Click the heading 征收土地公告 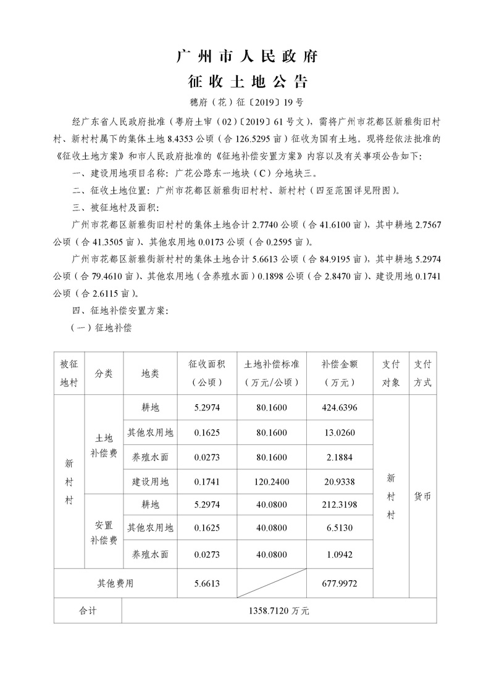click(x=246, y=81)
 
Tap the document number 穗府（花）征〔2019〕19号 click(x=246, y=101)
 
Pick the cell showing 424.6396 click(x=339, y=407)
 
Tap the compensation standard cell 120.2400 click(x=272, y=481)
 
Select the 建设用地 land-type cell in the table click(x=150, y=481)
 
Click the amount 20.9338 click(x=339, y=481)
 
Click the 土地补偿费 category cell click(x=104, y=445)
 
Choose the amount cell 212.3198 click(x=339, y=505)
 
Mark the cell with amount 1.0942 click(x=339, y=555)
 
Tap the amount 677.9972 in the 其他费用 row click(x=339, y=583)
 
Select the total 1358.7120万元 click(x=278, y=610)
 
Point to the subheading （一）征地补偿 click(x=102, y=328)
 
